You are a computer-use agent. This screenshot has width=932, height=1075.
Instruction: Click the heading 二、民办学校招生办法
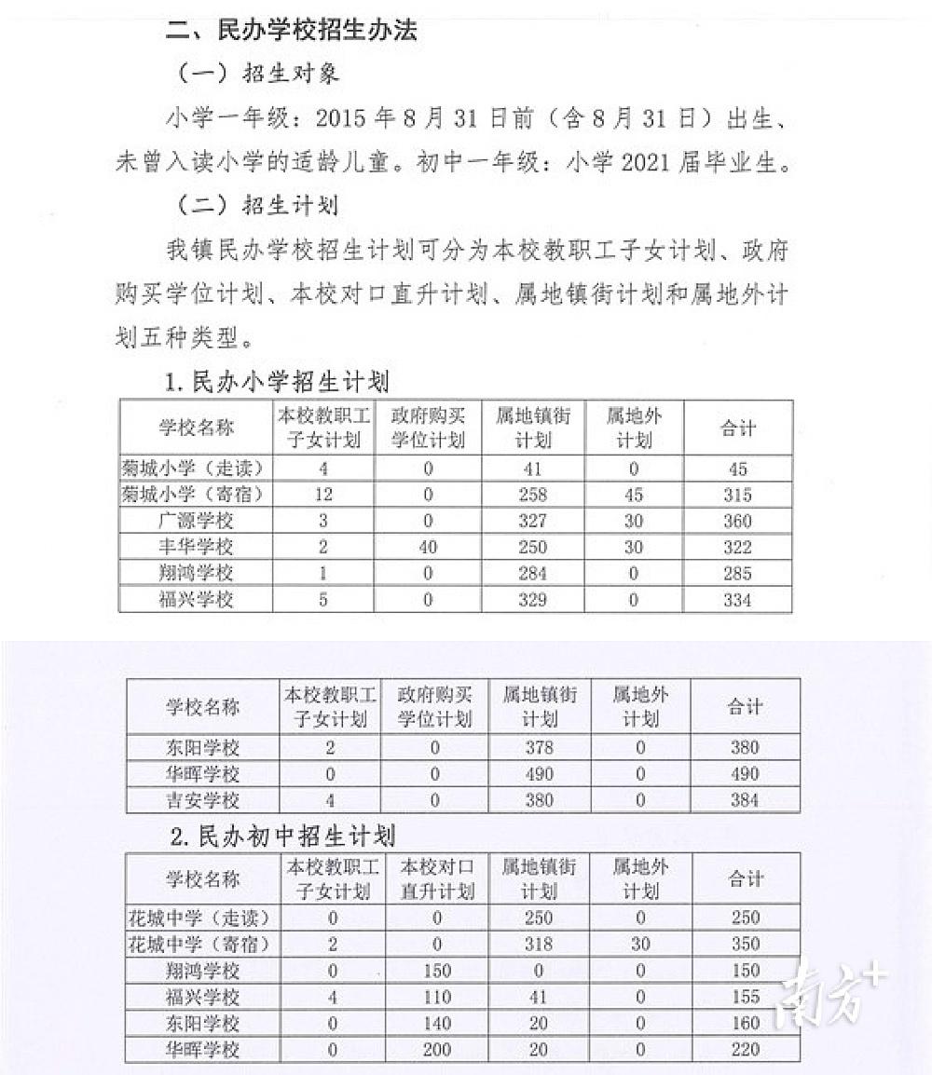[291, 30]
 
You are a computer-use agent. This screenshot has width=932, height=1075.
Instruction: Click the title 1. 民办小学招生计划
[277, 381]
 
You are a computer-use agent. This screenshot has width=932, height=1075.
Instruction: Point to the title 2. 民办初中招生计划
[283, 836]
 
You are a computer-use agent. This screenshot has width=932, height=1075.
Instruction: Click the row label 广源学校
[196, 521]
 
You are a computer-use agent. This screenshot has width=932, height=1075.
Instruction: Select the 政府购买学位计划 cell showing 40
[428, 547]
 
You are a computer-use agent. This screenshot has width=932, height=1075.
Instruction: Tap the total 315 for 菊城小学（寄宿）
[736, 495]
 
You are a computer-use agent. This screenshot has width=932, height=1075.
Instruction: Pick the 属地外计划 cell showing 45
[634, 495]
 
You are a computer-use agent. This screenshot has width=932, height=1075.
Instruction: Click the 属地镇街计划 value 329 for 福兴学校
[532, 600]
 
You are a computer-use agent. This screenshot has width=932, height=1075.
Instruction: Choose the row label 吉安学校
[203, 800]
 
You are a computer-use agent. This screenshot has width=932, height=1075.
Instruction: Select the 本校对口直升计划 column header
[435, 878]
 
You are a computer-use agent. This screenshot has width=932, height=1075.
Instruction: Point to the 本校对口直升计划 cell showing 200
[435, 1050]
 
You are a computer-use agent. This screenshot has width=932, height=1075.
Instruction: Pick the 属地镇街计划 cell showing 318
[539, 944]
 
